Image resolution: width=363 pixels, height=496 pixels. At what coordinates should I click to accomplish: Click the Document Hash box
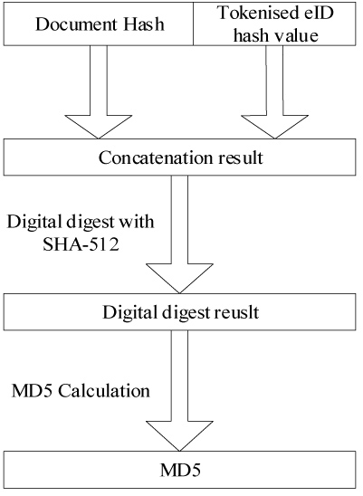99,24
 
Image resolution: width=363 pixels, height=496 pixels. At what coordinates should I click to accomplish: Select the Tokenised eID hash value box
274,24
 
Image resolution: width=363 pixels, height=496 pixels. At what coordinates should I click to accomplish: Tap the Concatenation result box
180,157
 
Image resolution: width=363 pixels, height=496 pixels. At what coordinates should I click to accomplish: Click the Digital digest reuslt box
180,312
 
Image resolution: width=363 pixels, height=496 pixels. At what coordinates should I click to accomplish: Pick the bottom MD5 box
180,470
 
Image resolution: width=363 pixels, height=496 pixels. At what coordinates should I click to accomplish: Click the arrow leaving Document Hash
99,91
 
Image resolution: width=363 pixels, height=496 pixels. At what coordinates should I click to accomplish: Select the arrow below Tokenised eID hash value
274,91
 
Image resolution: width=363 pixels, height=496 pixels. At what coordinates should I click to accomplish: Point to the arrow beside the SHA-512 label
179,234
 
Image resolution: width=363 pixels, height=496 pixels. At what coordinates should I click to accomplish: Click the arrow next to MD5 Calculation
179,391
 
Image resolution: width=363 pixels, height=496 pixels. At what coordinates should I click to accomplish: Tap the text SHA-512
81,244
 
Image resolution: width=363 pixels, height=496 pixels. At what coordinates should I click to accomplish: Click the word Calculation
104,391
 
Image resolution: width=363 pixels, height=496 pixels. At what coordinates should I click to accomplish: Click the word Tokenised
253,13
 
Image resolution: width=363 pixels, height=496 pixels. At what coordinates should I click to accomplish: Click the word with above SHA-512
136,222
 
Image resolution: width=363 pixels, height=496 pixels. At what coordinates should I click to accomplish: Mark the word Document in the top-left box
76,24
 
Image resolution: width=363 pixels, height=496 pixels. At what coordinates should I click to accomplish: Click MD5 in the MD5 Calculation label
32,391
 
